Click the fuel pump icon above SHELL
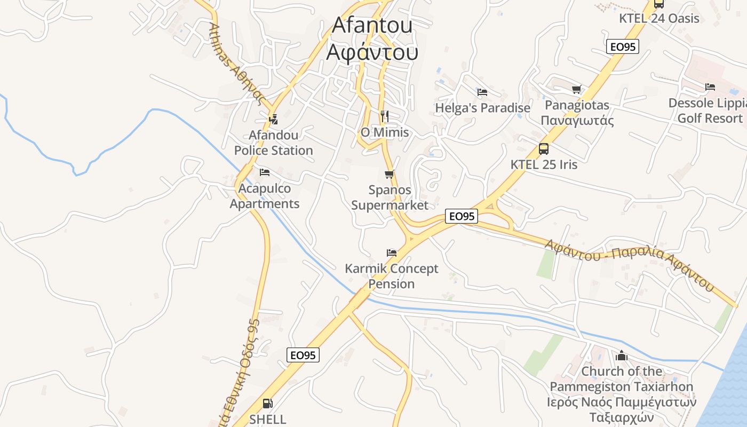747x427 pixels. pyautogui.click(x=268, y=404)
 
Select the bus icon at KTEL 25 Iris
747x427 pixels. pyautogui.click(x=543, y=149)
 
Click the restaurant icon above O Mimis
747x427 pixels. pyautogui.click(x=385, y=116)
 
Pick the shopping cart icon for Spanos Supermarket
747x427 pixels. pyautogui.click(x=390, y=174)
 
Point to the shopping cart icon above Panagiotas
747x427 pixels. pyautogui.click(x=576, y=89)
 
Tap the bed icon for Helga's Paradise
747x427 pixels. pyautogui.click(x=482, y=92)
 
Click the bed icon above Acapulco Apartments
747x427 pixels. pyautogui.click(x=264, y=172)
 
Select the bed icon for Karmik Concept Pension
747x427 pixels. pyautogui.click(x=392, y=252)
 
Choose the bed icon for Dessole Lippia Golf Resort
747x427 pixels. pyautogui.click(x=710, y=87)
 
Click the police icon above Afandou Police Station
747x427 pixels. pyautogui.click(x=274, y=119)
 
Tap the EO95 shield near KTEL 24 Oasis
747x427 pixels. pyautogui.click(x=623, y=47)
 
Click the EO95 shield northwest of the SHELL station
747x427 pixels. pyautogui.click(x=303, y=355)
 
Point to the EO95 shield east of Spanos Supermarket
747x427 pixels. pyautogui.click(x=462, y=216)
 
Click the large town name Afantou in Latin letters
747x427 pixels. pyautogui.click(x=372, y=25)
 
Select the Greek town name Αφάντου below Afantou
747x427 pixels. pyautogui.click(x=372, y=52)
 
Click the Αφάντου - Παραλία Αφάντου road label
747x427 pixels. pyautogui.click(x=630, y=264)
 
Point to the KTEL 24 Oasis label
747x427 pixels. pyautogui.click(x=659, y=18)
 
